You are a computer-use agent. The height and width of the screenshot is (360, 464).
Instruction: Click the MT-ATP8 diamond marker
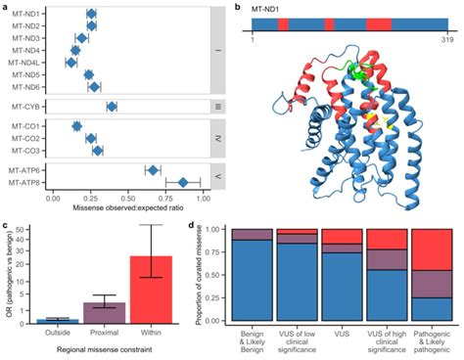tap(183, 182)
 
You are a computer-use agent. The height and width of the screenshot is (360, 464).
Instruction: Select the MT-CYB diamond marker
tap(112, 107)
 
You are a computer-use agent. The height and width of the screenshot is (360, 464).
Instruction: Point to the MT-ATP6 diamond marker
tap(153, 170)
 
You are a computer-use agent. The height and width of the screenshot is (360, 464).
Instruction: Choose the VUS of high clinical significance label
tap(389, 338)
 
